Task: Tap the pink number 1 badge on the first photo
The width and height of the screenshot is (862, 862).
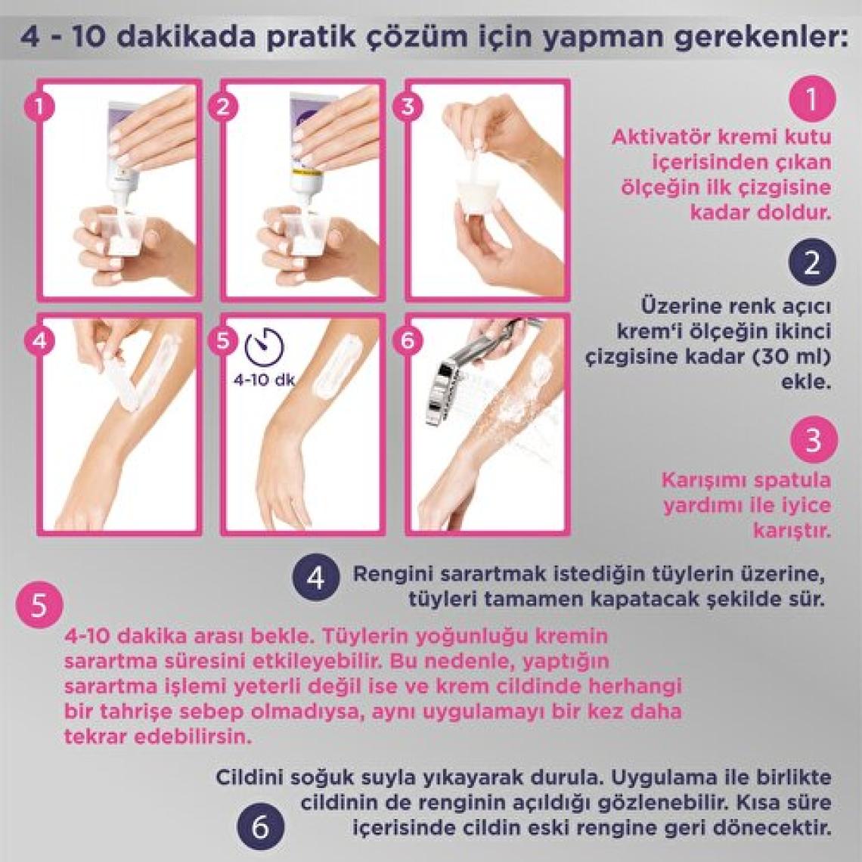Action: [x=39, y=106]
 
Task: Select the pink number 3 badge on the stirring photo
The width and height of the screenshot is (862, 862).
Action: [x=408, y=106]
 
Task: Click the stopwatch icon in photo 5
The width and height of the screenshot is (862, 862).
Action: [x=265, y=347]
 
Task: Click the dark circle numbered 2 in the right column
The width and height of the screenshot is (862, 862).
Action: [x=812, y=263]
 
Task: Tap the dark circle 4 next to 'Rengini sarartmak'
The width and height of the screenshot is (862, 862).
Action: [x=316, y=578]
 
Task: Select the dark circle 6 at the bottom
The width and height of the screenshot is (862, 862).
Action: [x=261, y=827]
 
